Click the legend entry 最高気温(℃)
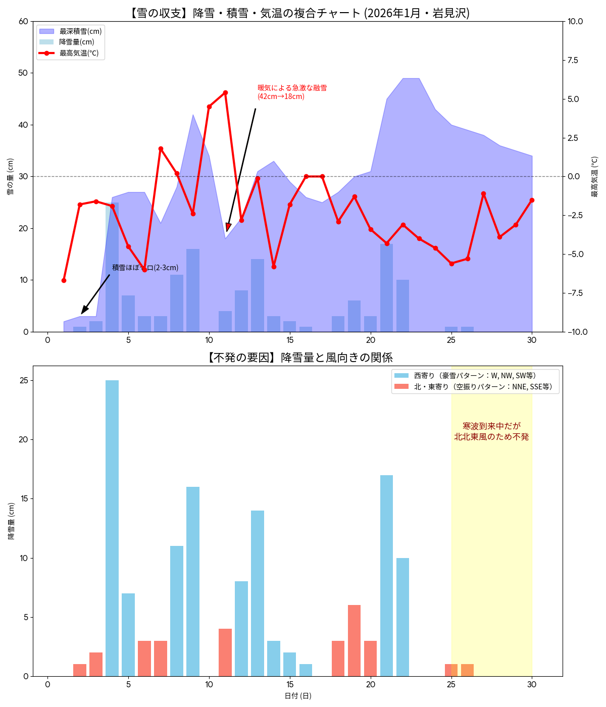(x=79, y=53)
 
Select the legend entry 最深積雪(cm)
(x=80, y=31)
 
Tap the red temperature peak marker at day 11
(x=225, y=92)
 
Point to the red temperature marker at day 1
(x=64, y=280)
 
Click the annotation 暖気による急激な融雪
(x=292, y=88)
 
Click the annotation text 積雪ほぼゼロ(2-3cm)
(x=145, y=268)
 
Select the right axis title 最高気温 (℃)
(x=594, y=176)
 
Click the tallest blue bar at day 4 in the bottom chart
(x=112, y=528)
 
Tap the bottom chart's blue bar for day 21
(x=386, y=576)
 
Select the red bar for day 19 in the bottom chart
(x=354, y=640)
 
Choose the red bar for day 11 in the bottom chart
(x=225, y=652)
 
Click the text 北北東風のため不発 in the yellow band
(x=491, y=437)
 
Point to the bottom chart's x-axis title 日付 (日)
(x=297, y=696)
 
